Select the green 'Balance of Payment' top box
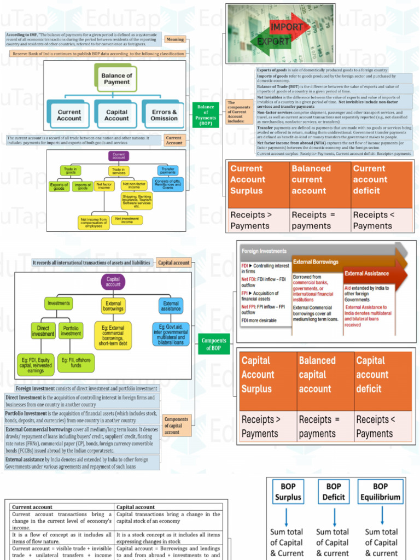point(116,79)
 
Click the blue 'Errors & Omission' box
point(164,114)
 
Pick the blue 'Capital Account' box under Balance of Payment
point(116,114)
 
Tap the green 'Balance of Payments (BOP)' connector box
point(206,115)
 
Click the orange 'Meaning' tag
point(175,39)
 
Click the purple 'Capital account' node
point(113,282)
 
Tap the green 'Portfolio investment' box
point(71,331)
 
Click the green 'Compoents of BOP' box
point(214,344)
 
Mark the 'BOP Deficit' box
point(334,492)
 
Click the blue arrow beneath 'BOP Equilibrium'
point(381,515)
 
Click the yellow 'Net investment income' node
point(126,220)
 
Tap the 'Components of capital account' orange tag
point(177,425)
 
